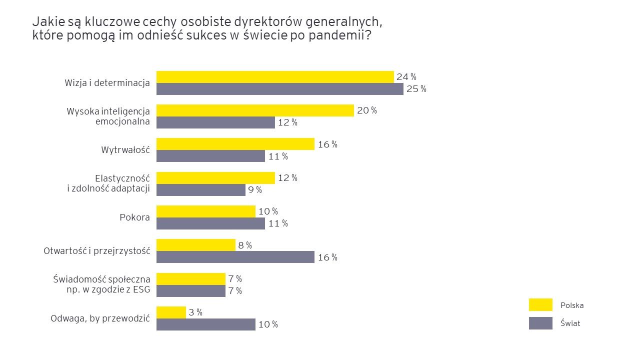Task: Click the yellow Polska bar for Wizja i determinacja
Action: tap(275, 77)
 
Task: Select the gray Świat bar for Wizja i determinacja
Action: tap(280, 89)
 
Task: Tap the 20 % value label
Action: tap(367, 110)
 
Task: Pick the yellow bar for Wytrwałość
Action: tap(235, 144)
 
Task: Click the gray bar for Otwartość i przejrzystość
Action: tap(235, 257)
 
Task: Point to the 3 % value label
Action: tap(195, 312)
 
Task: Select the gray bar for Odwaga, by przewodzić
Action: tap(206, 324)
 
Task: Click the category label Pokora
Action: tap(135, 217)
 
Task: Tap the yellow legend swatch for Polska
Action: tap(540, 305)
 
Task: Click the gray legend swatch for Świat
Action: tap(540, 323)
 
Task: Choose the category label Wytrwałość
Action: tap(125, 150)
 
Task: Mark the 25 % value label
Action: tap(416, 89)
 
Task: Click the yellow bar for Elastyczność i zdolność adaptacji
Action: tap(215, 178)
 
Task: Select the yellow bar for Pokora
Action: tap(206, 211)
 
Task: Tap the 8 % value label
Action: tap(245, 245)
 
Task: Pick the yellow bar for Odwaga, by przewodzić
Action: tap(171, 312)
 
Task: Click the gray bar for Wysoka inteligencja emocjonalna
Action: tap(215, 122)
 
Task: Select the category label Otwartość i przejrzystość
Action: tap(97, 251)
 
